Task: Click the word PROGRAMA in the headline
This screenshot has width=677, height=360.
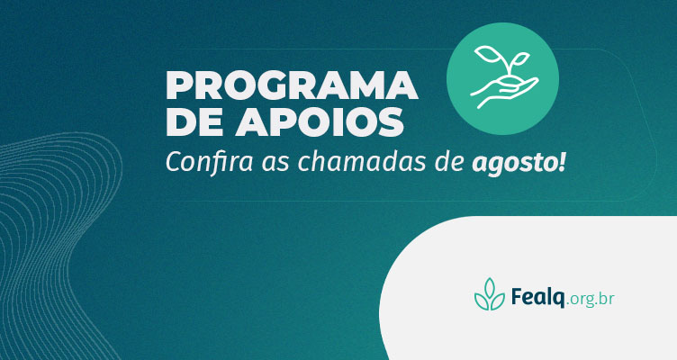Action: [292, 85]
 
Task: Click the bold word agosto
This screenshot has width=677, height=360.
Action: [513, 164]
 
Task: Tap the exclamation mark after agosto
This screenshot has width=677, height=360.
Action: [561, 162]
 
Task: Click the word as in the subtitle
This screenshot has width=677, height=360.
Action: [275, 165]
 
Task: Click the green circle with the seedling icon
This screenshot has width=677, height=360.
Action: [502, 79]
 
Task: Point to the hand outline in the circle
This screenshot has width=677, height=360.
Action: [504, 92]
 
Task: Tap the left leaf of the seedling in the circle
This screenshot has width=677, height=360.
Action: [487, 55]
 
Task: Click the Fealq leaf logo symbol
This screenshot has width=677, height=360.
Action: [490, 294]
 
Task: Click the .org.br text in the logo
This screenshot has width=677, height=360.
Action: [591, 300]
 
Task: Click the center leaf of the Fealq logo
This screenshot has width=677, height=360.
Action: [490, 288]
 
